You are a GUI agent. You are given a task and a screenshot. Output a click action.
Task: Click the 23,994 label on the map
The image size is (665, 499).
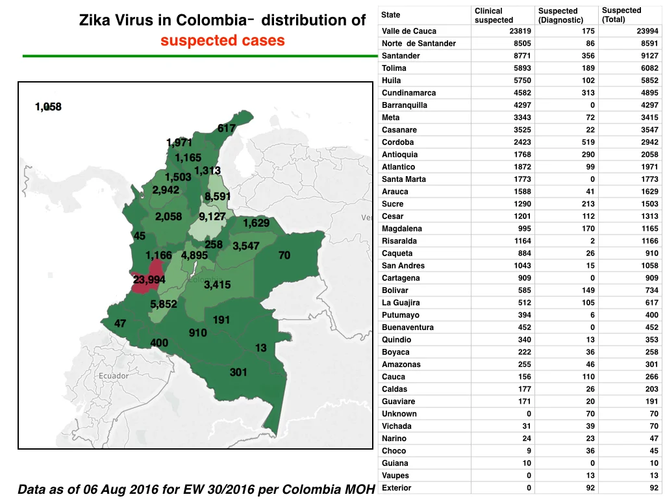[x=149, y=279]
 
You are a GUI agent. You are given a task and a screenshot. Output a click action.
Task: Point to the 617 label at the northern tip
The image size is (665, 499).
[x=227, y=128]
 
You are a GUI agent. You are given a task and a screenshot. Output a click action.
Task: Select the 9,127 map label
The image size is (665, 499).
[x=212, y=216]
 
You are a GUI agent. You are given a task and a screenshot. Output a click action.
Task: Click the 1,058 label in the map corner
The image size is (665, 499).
[x=48, y=107]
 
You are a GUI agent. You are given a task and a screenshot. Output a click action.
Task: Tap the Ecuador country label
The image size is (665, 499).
[x=113, y=376]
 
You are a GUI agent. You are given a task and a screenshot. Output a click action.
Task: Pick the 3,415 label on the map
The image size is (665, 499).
[x=217, y=285]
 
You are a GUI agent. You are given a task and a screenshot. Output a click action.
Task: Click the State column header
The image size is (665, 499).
[x=390, y=15]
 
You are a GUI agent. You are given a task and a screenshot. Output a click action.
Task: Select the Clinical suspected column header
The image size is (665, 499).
[x=494, y=16]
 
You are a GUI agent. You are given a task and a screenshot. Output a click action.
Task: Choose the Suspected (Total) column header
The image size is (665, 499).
[x=621, y=15]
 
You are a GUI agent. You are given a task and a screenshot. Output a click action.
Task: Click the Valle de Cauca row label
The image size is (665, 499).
[x=409, y=31]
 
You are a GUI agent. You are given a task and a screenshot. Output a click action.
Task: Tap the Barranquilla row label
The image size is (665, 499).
[x=404, y=105]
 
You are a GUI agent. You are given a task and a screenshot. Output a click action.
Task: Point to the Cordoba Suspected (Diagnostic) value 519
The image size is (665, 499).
[x=588, y=142]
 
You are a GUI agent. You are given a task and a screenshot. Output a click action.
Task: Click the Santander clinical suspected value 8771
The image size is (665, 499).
[x=522, y=56]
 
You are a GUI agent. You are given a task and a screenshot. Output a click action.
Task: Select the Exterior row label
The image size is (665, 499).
[x=397, y=487]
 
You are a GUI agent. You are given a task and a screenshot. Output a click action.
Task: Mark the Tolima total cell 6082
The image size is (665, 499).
[x=649, y=68]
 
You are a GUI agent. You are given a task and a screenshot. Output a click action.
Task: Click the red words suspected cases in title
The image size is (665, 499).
[x=222, y=40]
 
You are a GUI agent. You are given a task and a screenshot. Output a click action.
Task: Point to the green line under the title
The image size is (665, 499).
[x=200, y=56]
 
